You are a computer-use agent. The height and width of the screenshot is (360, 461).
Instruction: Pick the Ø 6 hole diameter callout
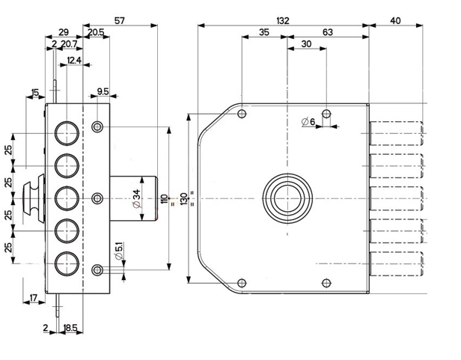pos(308,121)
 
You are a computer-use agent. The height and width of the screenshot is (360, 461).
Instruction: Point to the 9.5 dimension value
pos(103,92)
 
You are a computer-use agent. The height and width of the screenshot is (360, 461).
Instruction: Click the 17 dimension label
pos(33,299)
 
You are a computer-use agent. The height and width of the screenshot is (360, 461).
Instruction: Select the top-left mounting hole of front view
pos(241,115)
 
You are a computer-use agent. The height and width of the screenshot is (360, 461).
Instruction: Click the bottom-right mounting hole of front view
pos(326,282)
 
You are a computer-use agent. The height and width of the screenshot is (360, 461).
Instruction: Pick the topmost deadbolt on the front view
pos(397,132)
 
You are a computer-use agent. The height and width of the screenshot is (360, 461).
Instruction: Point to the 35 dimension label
pos(263,32)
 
